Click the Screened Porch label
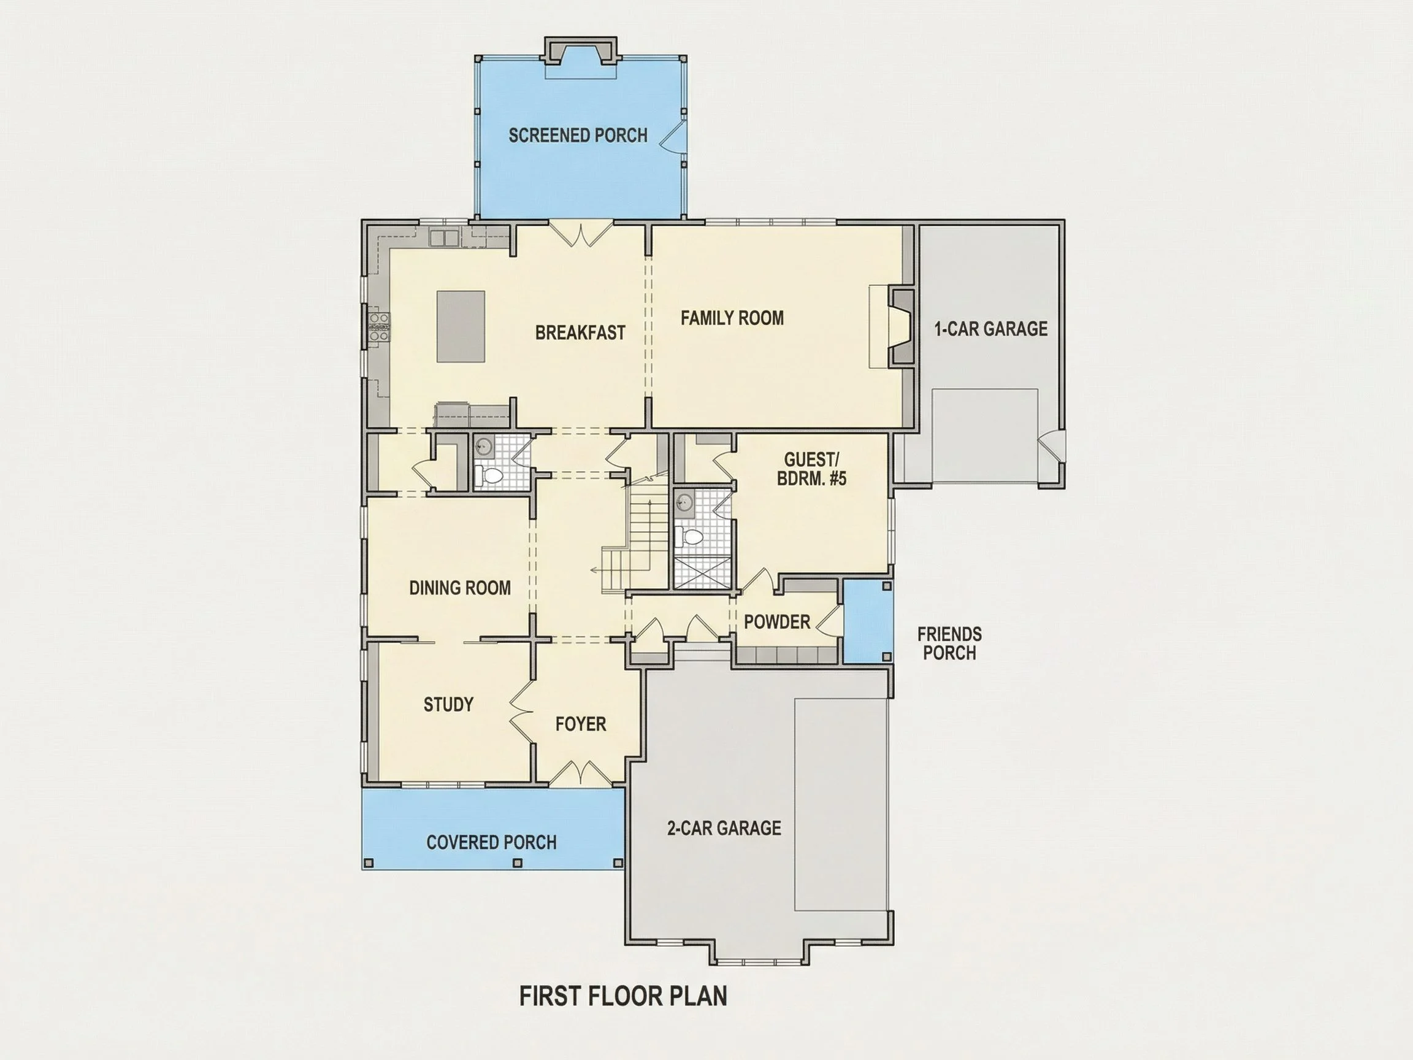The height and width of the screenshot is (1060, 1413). (578, 136)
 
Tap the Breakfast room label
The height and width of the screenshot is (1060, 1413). (580, 332)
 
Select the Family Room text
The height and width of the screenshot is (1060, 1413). (732, 318)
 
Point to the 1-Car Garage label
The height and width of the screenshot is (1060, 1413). (991, 328)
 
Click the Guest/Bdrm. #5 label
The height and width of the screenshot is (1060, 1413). (811, 469)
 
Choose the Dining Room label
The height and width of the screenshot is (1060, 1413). (460, 587)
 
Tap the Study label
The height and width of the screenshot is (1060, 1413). (448, 704)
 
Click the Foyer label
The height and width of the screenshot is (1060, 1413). (581, 723)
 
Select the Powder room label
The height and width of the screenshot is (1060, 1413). (777, 621)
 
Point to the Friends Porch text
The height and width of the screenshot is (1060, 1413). (949, 643)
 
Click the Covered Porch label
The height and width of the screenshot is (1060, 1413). (491, 842)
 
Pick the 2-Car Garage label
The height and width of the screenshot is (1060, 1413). (724, 828)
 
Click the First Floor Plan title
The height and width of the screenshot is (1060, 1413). (623, 996)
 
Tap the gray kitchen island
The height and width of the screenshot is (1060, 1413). (461, 326)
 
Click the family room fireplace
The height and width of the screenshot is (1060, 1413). (902, 326)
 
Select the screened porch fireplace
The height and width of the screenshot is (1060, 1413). (581, 52)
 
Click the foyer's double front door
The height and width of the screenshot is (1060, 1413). (580, 772)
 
